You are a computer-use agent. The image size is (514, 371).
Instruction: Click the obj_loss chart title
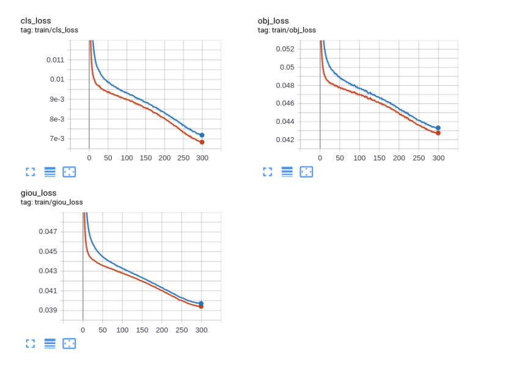(x=273, y=21)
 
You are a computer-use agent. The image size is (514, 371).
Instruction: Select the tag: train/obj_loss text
(x=287, y=30)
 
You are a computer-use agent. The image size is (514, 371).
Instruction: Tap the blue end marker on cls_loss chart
(x=202, y=135)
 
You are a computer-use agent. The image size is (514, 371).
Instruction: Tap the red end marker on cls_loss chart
(x=202, y=142)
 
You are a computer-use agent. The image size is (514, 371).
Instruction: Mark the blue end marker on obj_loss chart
(x=438, y=128)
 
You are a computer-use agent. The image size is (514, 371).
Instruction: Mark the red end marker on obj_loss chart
(x=438, y=133)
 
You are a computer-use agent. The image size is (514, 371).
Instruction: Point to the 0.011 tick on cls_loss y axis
(x=55, y=60)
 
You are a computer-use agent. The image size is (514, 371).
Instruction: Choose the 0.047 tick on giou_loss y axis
(x=48, y=231)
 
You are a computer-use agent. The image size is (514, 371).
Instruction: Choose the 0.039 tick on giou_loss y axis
(x=48, y=310)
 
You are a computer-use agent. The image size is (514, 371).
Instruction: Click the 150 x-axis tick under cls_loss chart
(x=145, y=158)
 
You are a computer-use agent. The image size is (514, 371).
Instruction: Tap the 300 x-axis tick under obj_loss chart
(x=438, y=158)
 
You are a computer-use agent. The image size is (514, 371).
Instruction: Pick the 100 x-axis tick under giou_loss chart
(x=122, y=330)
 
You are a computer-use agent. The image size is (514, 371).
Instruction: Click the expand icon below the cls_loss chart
(x=31, y=172)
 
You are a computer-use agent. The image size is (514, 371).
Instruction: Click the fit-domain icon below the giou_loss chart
(x=70, y=344)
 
